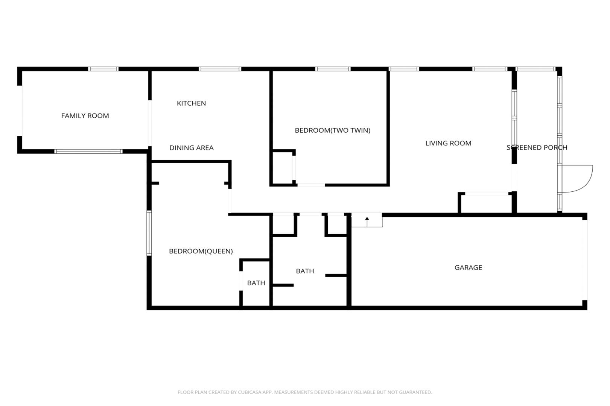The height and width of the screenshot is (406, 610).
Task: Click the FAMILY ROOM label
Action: [85, 116]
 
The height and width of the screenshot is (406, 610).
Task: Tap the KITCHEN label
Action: [191, 103]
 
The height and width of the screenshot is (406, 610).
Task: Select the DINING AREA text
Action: [192, 148]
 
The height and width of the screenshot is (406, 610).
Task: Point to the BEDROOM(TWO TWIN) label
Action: [333, 130]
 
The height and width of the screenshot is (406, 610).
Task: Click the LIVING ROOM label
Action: [448, 143]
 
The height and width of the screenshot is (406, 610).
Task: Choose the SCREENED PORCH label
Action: [537, 147]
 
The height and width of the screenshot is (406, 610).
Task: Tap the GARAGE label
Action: [468, 268]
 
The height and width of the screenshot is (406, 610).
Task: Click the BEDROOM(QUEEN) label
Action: [201, 251]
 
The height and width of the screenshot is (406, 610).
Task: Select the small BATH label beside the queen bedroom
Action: [256, 283]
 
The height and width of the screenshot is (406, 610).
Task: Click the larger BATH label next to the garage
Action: [305, 271]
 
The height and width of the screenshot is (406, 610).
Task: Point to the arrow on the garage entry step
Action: [367, 222]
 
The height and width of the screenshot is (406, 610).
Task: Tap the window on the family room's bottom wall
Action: [88, 151]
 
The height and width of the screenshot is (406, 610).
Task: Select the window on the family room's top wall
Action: [103, 69]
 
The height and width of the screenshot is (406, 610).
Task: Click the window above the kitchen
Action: [220, 69]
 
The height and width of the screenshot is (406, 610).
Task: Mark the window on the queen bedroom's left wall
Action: [149, 233]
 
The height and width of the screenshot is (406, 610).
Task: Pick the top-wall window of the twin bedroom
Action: [333, 69]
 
